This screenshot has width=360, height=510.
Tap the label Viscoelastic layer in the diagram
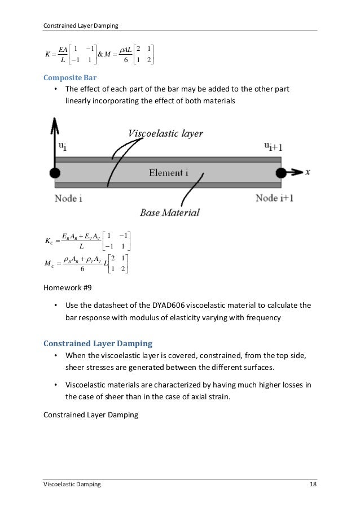click(x=166, y=134)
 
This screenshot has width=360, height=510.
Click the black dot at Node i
click(x=55, y=172)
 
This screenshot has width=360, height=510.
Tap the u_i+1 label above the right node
click(x=275, y=146)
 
